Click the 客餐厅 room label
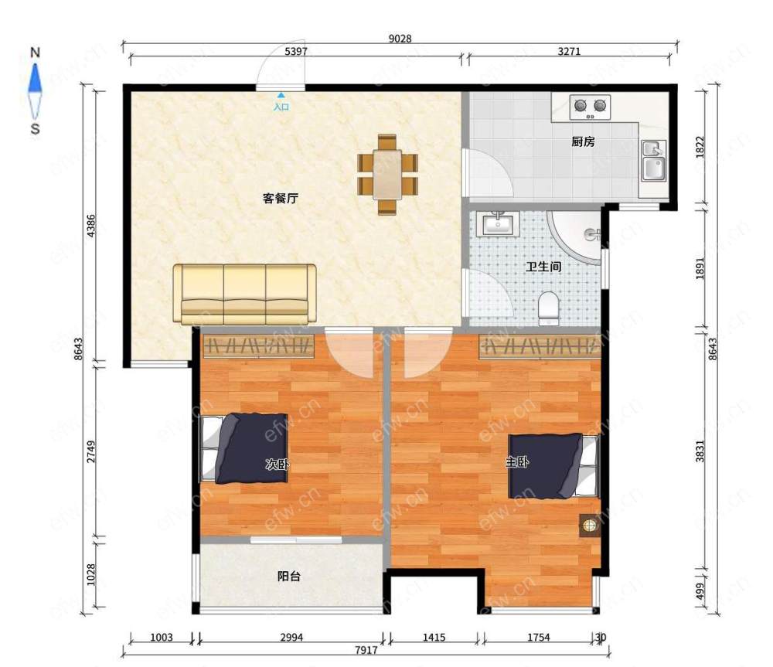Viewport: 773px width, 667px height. pyautogui.click(x=280, y=199)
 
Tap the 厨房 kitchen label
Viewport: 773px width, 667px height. pyautogui.click(x=583, y=142)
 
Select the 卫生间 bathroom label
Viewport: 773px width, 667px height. pyautogui.click(x=543, y=267)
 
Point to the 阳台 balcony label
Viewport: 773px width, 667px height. pyautogui.click(x=289, y=576)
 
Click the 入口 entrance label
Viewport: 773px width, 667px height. pyautogui.click(x=281, y=107)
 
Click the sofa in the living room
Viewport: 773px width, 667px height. pyautogui.click(x=244, y=294)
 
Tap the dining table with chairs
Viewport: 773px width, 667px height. pyautogui.click(x=387, y=175)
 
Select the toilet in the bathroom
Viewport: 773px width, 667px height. pyautogui.click(x=548, y=308)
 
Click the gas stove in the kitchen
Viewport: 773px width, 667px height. pyautogui.click(x=590, y=107)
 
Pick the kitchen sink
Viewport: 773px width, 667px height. pyautogui.click(x=654, y=162)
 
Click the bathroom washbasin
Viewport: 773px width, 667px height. pyautogui.click(x=498, y=224)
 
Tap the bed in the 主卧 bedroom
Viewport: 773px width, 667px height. pyautogui.click(x=554, y=466)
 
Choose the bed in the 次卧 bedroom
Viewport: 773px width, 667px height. pyautogui.click(x=244, y=448)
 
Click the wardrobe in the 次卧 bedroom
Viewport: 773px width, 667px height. pyautogui.click(x=259, y=346)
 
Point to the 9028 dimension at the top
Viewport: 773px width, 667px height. pyautogui.click(x=400, y=39)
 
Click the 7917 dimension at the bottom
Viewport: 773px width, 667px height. pyautogui.click(x=366, y=650)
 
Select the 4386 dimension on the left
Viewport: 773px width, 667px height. pyautogui.click(x=90, y=226)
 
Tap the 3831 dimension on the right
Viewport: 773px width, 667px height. pyautogui.click(x=700, y=451)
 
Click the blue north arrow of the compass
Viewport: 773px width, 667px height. pyautogui.click(x=35, y=78)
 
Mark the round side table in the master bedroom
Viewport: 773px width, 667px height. pyautogui.click(x=589, y=526)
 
